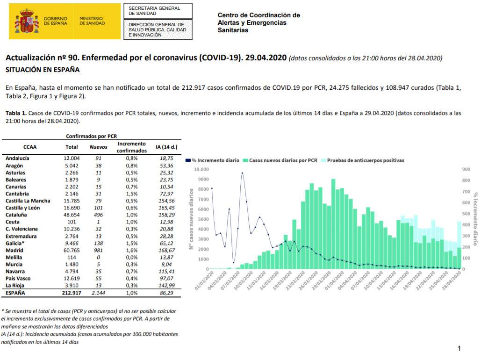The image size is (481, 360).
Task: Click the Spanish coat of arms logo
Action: (x=27, y=21)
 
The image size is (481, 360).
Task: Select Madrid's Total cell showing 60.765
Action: (x=72, y=251)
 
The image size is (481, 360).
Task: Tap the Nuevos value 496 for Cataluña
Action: (x=98, y=215)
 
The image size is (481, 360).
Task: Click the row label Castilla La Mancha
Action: (x=28, y=201)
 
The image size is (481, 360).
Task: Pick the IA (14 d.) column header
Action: (x=166, y=147)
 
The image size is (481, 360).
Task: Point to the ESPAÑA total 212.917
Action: (x=72, y=293)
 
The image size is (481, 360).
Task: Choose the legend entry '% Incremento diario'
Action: (x=212, y=160)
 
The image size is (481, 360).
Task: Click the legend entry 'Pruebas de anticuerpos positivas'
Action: (x=362, y=160)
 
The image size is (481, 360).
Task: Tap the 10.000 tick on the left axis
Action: (x=201, y=169)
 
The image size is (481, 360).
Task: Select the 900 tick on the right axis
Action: (x=466, y=169)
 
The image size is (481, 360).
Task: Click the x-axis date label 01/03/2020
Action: (x=204, y=281)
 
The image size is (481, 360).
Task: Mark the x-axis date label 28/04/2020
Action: (x=452, y=281)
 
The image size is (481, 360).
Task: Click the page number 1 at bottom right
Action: (x=459, y=348)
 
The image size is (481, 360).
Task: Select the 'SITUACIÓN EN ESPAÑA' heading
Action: (x=43, y=70)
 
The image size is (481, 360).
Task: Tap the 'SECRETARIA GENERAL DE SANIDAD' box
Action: (x=158, y=11)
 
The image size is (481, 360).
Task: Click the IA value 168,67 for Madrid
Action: (x=166, y=251)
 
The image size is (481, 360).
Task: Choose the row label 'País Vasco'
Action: (x=18, y=278)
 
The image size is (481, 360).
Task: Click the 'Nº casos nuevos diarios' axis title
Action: (x=191, y=219)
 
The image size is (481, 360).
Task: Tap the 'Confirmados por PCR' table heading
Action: (x=92, y=136)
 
